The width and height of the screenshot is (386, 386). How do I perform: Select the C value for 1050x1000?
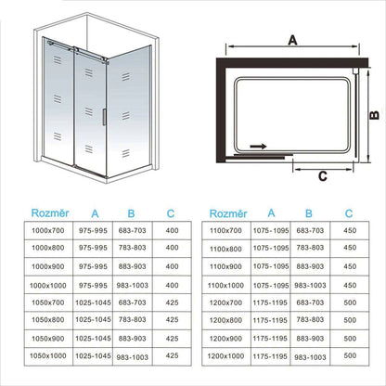171,354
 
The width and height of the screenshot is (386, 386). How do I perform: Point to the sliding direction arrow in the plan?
256,147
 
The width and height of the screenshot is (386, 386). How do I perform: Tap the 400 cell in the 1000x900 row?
171,266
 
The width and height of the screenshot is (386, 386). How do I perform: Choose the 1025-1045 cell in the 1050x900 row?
84,337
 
